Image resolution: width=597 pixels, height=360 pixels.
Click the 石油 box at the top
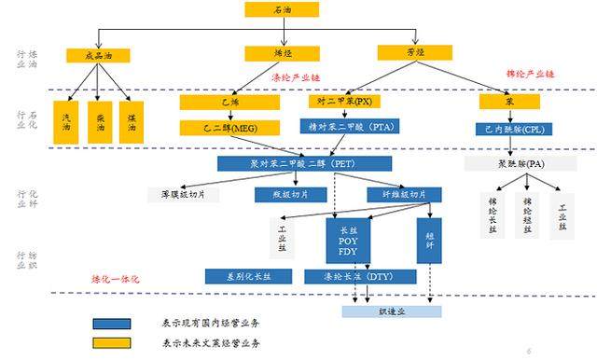click(281, 9)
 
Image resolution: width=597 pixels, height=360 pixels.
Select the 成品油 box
click(97, 55)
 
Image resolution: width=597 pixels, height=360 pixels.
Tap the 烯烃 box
click(282, 54)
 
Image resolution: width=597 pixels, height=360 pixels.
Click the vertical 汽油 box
click(65, 122)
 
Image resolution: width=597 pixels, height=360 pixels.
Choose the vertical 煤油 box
click(132, 122)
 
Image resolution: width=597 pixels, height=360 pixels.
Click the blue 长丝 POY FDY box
click(349, 239)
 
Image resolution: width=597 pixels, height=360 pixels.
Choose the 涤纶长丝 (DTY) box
click(349, 276)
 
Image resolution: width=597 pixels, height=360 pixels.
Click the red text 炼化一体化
click(115, 279)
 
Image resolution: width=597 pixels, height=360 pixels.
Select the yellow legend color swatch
click(111, 341)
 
